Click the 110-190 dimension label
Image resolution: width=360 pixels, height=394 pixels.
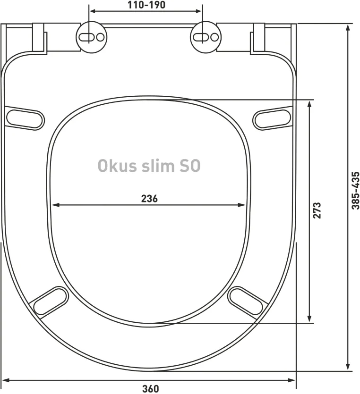tap(146, 6)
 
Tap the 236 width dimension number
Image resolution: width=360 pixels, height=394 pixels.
tap(149, 198)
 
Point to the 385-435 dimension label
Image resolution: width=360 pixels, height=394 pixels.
tap(355, 190)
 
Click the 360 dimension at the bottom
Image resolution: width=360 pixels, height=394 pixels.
tap(150, 388)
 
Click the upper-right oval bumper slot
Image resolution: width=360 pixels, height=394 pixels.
tap(272, 117)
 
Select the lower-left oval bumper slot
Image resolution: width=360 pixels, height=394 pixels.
tap(51, 301)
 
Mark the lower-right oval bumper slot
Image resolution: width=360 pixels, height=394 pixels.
tap(246, 301)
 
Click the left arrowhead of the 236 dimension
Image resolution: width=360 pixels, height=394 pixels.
tap(54, 205)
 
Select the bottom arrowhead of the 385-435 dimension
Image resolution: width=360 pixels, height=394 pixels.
tap(348, 367)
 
